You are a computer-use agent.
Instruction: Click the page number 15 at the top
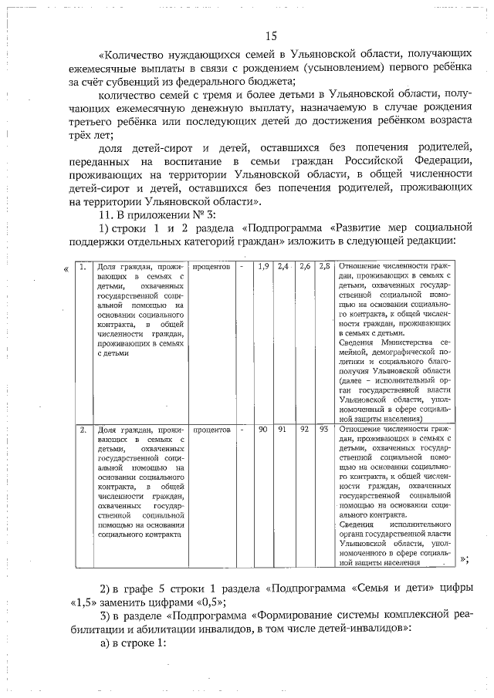tap(270, 35)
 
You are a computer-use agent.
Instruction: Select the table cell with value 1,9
tap(262, 266)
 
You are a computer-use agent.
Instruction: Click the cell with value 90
tap(262, 429)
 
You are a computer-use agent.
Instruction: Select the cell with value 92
tap(304, 429)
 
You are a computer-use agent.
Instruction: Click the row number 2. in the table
tap(83, 429)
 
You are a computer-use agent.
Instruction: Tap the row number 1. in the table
tap(83, 266)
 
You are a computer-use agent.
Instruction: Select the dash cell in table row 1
tap(242, 266)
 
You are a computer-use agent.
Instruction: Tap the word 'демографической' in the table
tap(398, 352)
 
